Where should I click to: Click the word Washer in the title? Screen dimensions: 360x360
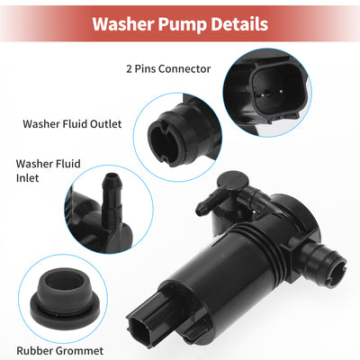[123, 24]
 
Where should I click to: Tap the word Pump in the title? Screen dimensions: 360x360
[183, 25]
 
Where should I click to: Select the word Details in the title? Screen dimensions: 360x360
[239, 24]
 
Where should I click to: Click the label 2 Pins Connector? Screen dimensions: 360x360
[168, 68]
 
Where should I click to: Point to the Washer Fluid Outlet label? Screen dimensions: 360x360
[72, 124]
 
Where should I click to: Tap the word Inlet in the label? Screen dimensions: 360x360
[28, 178]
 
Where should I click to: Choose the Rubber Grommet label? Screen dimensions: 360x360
[60, 350]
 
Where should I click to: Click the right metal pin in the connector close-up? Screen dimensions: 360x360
[281, 91]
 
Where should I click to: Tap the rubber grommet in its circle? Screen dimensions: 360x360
[65, 300]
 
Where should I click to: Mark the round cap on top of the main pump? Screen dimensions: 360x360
[232, 181]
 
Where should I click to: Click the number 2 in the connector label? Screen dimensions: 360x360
[129, 69]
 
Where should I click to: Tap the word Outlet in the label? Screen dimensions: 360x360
[106, 124]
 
